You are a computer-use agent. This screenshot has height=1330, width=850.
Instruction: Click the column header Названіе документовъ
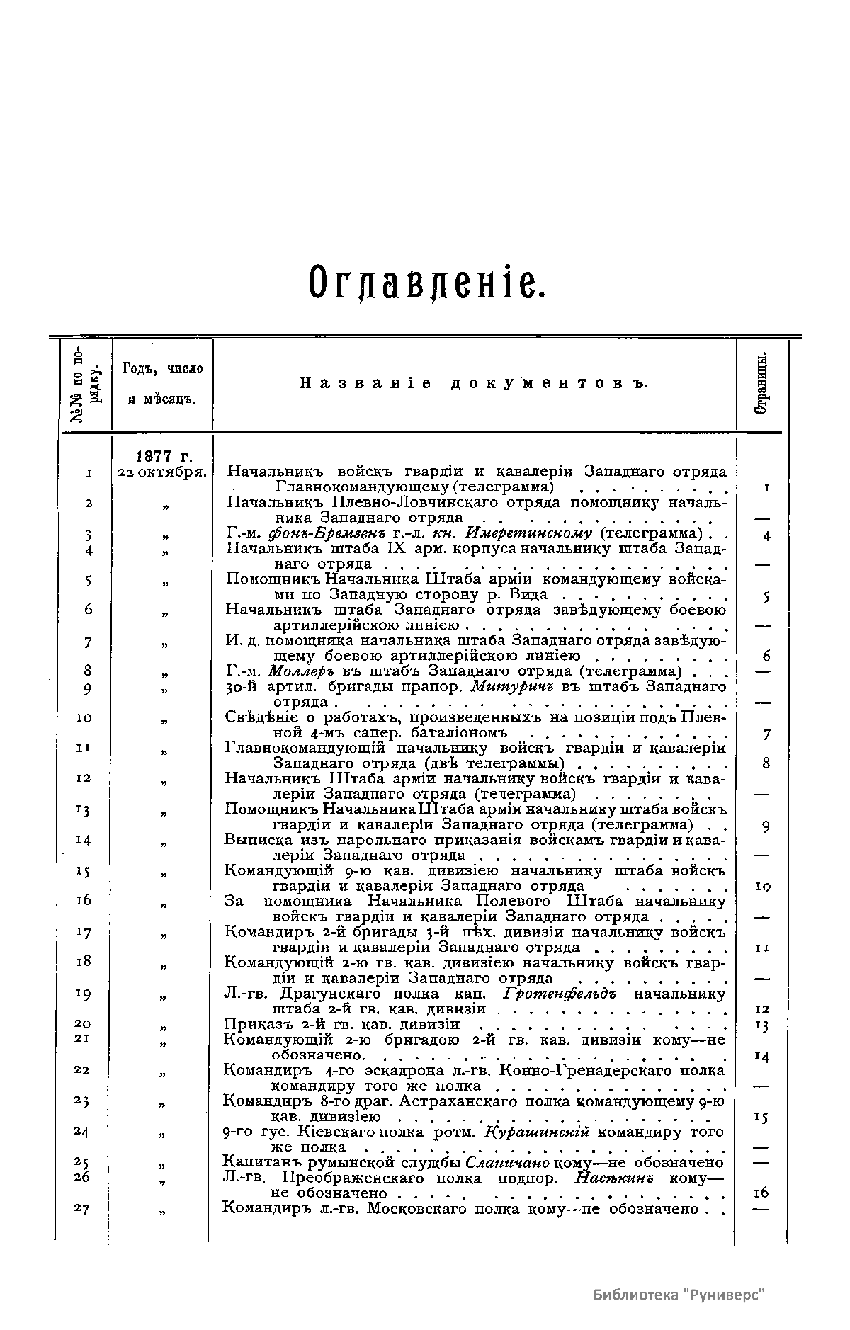pos(475,384)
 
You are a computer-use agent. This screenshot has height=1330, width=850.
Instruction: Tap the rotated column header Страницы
pos(762,385)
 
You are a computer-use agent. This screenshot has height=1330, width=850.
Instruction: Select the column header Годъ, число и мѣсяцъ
pos(162,384)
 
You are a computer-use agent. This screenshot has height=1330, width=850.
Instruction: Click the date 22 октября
pos(162,472)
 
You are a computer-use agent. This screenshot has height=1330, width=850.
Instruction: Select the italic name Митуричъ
pos(506,686)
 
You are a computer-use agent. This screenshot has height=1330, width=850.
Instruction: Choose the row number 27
pos(81,1209)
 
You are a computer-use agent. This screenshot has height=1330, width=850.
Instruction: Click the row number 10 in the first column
pos(84,718)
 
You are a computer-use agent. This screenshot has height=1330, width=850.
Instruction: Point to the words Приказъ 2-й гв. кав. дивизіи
pos(341,1025)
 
